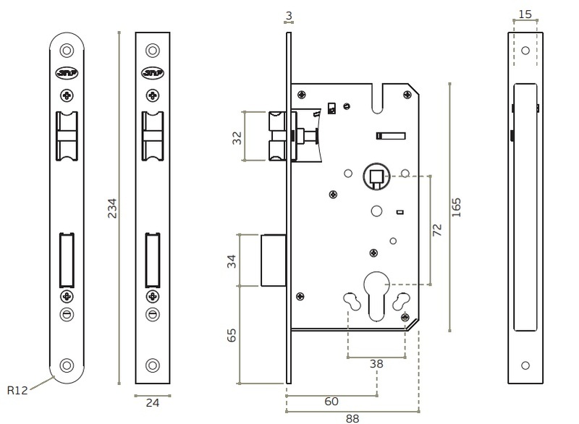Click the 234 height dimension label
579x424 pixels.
click(112, 208)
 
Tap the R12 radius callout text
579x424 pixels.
click(17, 390)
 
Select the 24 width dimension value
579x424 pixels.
click(153, 402)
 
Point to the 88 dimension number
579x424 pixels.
click(352, 418)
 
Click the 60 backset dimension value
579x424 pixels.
click(331, 401)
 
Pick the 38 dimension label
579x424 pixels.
click(376, 364)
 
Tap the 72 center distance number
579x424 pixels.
click(437, 229)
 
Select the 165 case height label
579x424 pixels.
click(457, 208)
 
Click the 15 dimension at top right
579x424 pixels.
click(525, 14)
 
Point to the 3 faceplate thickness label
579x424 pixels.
click(289, 15)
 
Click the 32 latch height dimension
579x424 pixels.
click(237, 138)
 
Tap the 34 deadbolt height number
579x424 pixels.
click(232, 261)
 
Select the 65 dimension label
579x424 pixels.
click(232, 336)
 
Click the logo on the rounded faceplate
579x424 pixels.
click(67, 73)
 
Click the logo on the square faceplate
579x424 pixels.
click(153, 73)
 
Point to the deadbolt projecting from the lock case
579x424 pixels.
click(274, 260)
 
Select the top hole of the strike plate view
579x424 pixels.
click(525, 51)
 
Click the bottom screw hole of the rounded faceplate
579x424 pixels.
click(67, 365)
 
